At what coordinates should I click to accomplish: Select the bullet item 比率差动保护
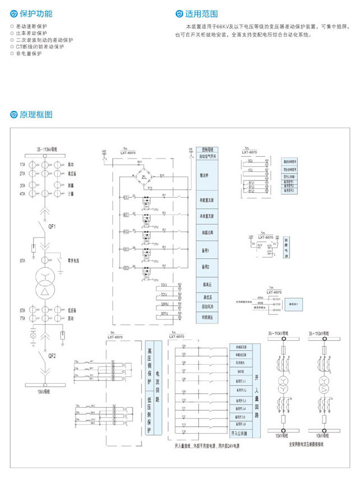coord(31,33)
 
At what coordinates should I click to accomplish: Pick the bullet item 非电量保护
coord(29,54)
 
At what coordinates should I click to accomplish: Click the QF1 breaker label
coord(52,226)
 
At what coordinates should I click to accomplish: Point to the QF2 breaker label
coord(52,355)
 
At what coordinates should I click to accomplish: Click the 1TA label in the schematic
coord(22,165)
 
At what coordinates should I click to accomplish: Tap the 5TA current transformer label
coord(22,261)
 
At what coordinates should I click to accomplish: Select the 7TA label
coord(22,318)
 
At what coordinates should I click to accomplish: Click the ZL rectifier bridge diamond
coord(144,178)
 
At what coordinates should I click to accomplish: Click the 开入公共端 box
coord(242,433)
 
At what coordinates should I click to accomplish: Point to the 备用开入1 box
coord(242,380)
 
